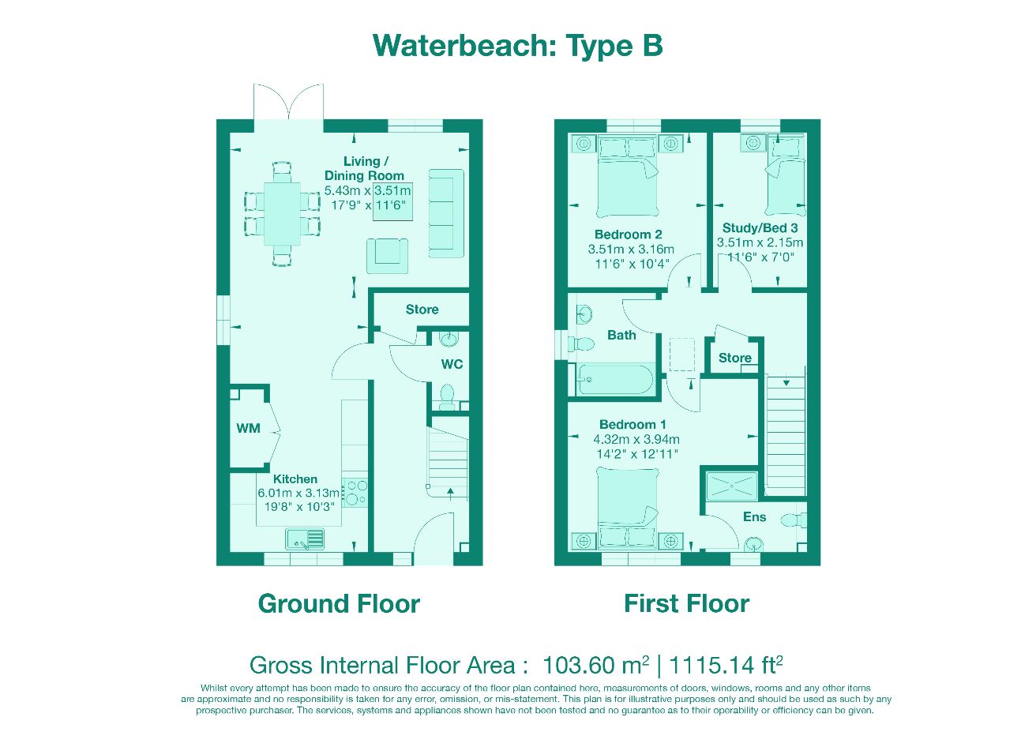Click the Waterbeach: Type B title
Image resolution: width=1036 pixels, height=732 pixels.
517,46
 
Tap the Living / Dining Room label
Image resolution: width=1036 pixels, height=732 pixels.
364,168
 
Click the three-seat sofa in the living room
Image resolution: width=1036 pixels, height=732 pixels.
445,212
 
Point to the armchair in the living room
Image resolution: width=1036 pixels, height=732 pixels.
387,253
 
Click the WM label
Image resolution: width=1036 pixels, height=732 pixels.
248,429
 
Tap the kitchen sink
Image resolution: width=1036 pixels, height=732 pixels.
306,539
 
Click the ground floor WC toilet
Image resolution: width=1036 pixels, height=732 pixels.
448,396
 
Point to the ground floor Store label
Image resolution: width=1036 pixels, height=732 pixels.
422,310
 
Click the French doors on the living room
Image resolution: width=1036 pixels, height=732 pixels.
288,103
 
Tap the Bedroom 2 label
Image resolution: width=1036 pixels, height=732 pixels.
628,235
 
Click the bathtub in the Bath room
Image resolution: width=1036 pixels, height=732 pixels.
614,381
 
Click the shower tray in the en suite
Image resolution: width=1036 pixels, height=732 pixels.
731,485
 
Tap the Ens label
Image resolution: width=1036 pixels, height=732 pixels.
754,516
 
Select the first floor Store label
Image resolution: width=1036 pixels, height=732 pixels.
734,358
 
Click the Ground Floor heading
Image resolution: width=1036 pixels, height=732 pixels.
339,604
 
